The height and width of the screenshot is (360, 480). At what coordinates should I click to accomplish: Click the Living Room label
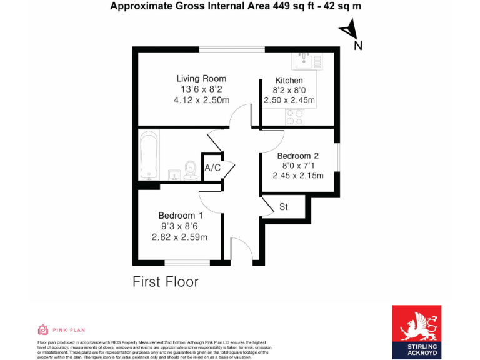click(x=201, y=79)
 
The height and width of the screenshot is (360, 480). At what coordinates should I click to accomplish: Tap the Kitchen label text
click(x=289, y=81)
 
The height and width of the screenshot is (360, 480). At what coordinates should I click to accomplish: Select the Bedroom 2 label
click(x=298, y=156)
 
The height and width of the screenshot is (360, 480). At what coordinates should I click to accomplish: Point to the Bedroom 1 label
click(x=180, y=216)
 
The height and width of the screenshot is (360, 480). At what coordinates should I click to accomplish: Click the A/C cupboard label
click(x=212, y=167)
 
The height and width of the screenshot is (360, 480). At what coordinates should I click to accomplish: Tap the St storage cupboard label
click(x=283, y=206)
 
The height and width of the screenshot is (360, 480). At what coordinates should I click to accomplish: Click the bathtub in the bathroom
click(x=149, y=154)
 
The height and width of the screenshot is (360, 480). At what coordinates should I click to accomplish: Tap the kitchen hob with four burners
click(x=294, y=116)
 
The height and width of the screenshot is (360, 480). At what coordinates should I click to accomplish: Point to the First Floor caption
click(x=165, y=282)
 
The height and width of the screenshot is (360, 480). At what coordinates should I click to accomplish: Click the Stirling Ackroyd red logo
click(x=416, y=332)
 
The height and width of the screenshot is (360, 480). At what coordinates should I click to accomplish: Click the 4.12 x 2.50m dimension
click(x=201, y=100)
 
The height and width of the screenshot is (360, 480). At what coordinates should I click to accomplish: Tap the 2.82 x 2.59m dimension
click(x=180, y=237)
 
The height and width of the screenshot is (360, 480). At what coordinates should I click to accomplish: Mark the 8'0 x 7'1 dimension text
click(x=298, y=166)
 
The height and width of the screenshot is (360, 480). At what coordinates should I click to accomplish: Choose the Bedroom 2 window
click(x=337, y=156)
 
